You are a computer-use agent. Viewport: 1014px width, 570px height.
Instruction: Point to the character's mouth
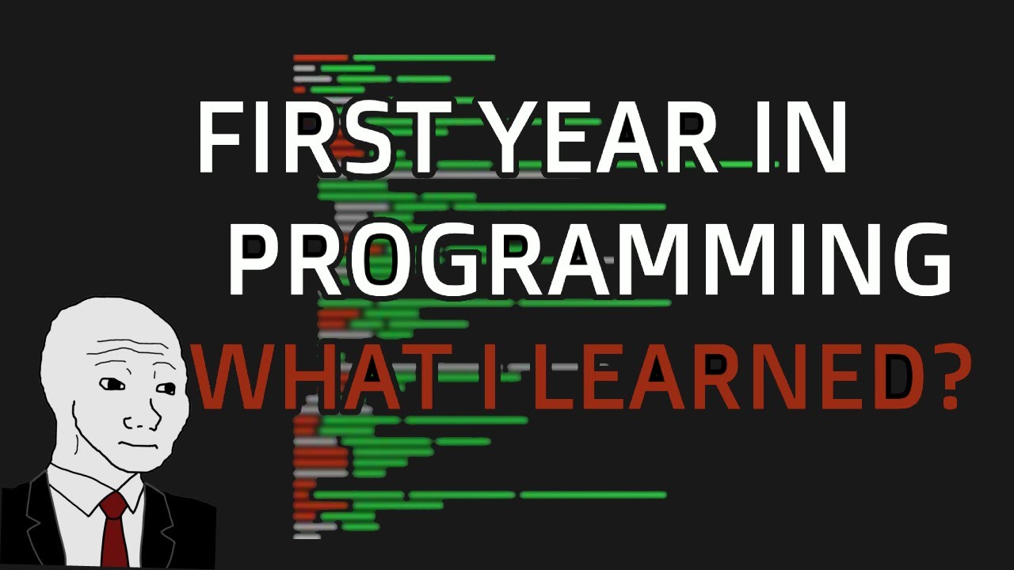131,444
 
